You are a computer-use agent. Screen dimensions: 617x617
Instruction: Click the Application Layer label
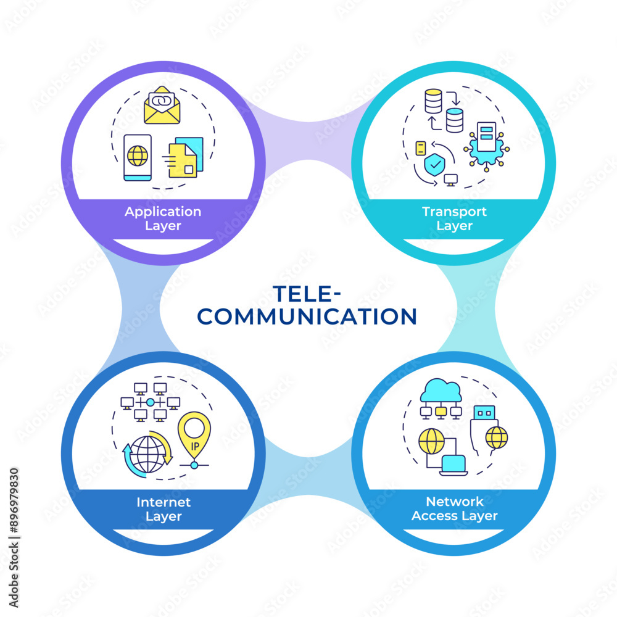tap(163, 218)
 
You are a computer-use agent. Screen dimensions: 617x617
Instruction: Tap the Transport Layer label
tap(454, 218)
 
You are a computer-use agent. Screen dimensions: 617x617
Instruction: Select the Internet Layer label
tap(164, 509)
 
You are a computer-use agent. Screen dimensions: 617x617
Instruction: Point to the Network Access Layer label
tap(454, 509)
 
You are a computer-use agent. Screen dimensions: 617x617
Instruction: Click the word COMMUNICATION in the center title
tap(308, 317)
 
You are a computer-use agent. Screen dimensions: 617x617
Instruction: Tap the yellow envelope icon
tap(162, 106)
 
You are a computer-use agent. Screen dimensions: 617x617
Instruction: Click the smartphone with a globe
tap(137, 157)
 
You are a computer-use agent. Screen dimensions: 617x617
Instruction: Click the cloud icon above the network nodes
tap(439, 391)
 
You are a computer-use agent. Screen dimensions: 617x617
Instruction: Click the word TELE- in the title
tap(308, 292)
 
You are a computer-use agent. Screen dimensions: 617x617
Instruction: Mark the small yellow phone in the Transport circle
tap(421, 148)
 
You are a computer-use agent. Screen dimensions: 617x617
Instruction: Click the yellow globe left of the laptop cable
tap(431, 441)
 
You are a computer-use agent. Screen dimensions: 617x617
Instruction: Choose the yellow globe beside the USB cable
tap(496, 437)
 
